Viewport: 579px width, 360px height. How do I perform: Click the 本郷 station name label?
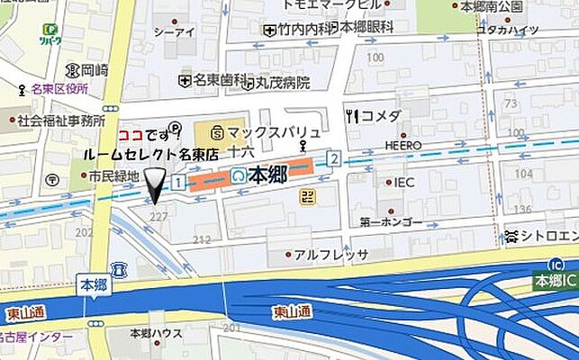(267, 174)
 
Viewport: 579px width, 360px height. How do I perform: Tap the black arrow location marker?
(156, 185)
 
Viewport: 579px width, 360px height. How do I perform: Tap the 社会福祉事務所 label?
(60, 120)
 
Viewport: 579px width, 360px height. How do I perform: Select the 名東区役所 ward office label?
(55, 89)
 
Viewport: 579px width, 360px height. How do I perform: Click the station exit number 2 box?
(334, 159)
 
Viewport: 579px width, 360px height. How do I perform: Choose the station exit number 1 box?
(178, 183)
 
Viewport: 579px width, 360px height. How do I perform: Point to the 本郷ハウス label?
(156, 334)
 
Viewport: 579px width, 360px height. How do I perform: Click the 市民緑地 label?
(113, 176)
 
